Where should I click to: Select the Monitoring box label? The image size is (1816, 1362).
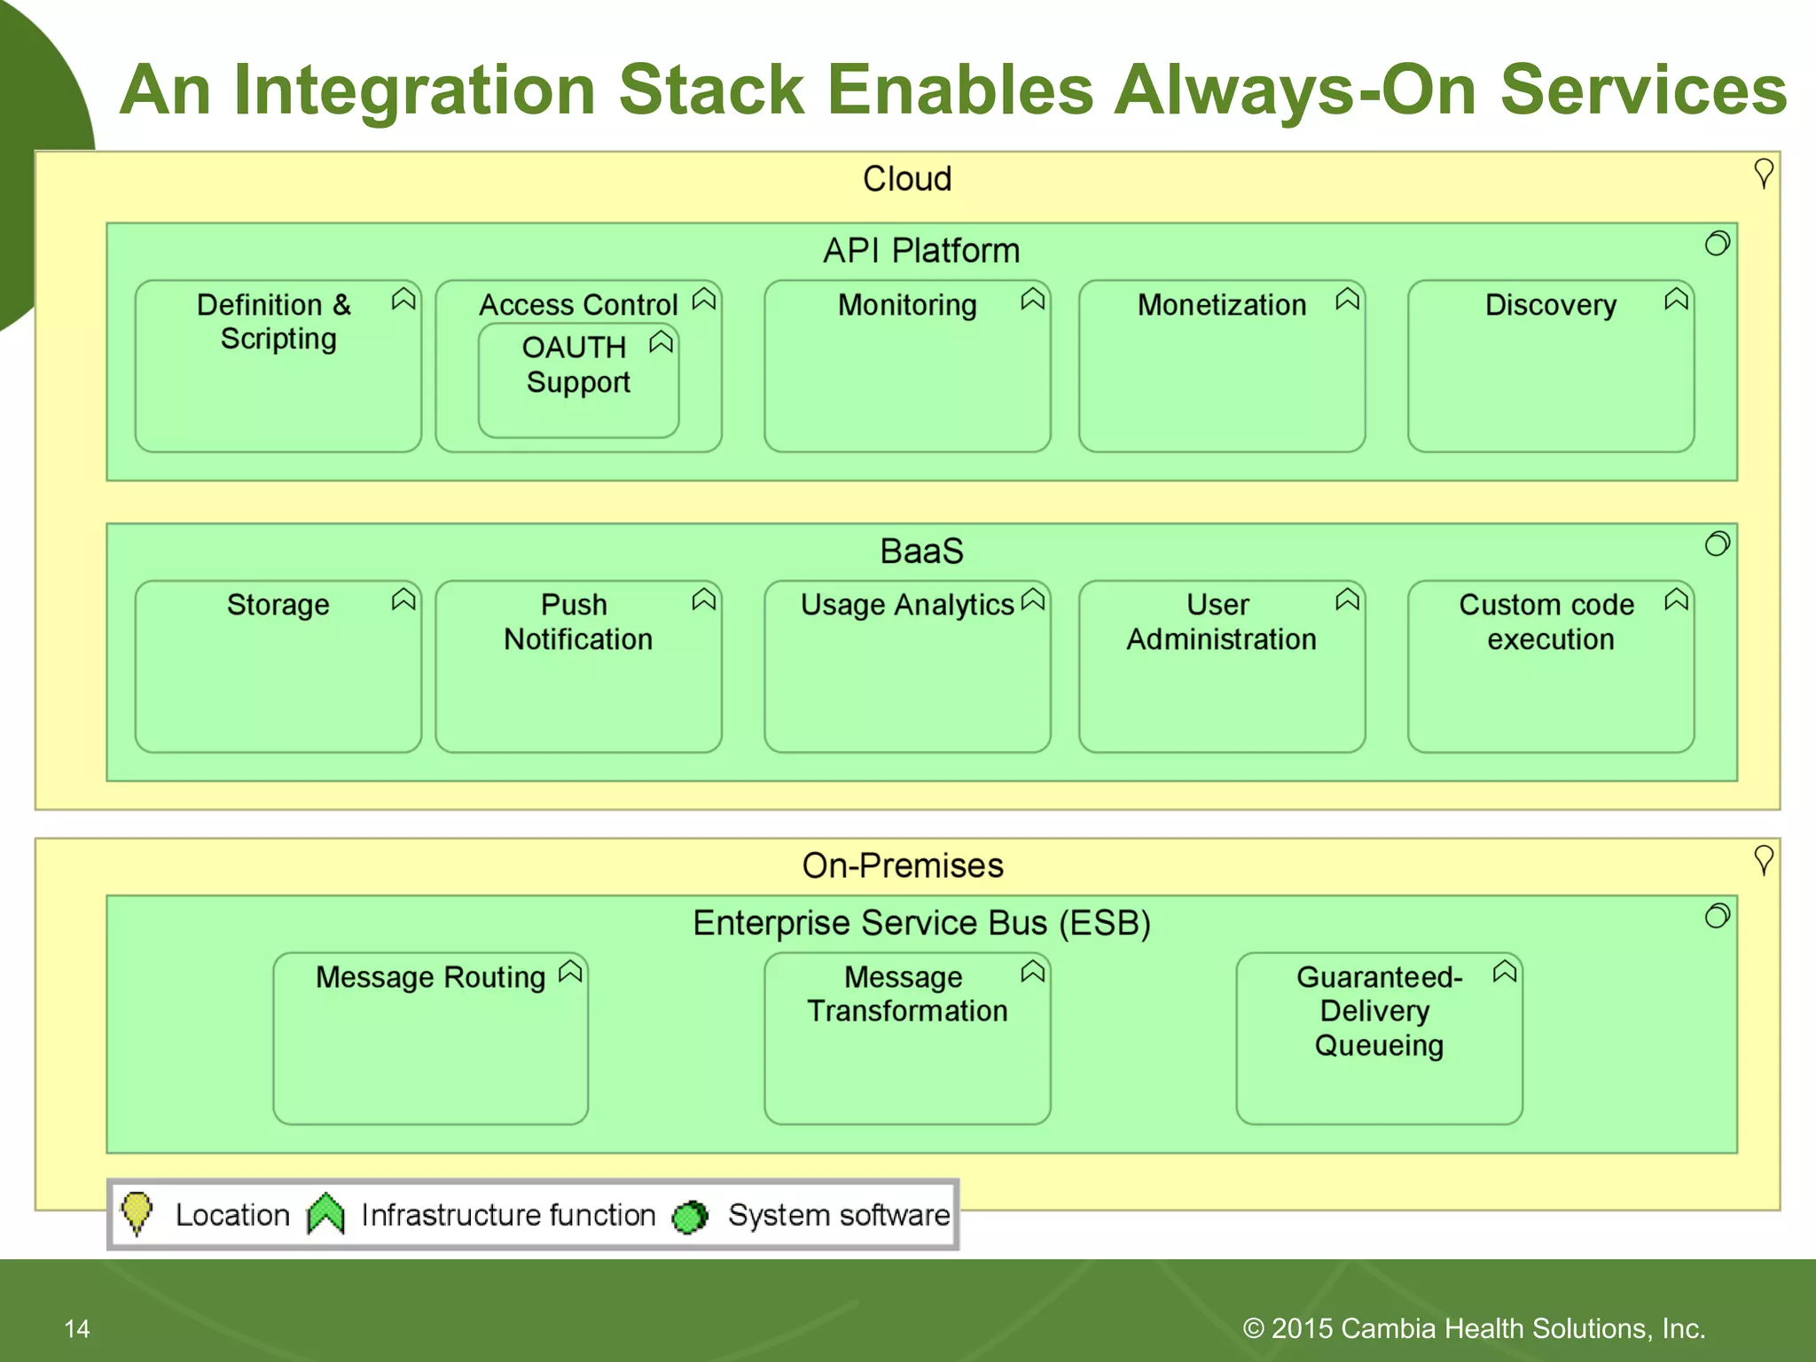click(906, 305)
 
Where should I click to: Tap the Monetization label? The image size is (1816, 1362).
click(1221, 305)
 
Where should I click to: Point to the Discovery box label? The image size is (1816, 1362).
click(1550, 305)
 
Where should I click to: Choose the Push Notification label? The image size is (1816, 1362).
click(577, 622)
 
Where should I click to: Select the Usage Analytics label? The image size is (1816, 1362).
click(906, 605)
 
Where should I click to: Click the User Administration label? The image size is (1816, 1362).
click(1221, 622)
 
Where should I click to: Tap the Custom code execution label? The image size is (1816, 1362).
click(1548, 622)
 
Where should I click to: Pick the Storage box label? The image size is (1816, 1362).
click(278, 605)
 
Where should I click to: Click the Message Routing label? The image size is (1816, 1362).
click(430, 977)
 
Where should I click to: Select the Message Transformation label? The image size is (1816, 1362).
click(906, 994)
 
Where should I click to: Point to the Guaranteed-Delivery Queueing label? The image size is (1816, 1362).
click(1379, 1011)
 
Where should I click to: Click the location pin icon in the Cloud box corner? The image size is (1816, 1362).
click(1764, 174)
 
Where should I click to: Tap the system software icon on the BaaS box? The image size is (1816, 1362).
click(1718, 544)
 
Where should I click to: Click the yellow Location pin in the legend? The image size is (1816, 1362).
click(137, 1212)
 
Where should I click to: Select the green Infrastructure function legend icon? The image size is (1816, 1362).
click(325, 1214)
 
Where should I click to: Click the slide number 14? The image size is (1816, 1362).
click(77, 1328)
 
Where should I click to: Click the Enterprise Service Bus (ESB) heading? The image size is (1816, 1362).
click(920, 923)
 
